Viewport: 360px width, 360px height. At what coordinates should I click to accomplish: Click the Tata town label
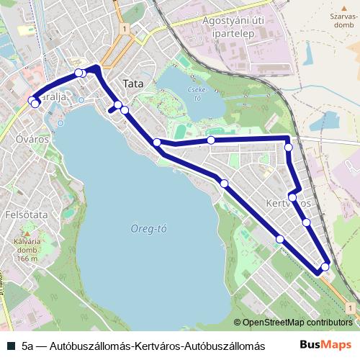133,84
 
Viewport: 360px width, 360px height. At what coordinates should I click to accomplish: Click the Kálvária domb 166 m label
27,250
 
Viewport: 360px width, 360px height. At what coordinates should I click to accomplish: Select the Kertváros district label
288,203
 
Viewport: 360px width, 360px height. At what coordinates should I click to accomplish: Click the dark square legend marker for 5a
10,346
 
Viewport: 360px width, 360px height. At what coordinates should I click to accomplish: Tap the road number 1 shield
125,29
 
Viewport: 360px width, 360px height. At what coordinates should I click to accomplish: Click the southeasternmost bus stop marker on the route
325,267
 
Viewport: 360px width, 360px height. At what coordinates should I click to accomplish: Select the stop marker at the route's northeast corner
289,147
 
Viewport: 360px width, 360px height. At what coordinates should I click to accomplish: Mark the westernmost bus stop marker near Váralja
32,101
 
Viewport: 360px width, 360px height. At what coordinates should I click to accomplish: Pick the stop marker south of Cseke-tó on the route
211,140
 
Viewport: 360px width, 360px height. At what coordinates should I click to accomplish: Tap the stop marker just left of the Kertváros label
292,197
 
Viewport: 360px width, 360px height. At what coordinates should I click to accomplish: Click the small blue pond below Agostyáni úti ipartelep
328,122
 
